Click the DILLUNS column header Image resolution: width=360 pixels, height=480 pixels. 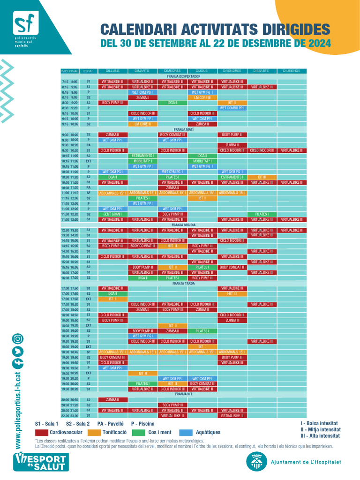pos(112,71)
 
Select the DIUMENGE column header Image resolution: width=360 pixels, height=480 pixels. pos(292,71)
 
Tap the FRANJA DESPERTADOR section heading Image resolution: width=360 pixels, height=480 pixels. pos(183,76)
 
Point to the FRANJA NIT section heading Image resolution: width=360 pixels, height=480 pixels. pos(183,394)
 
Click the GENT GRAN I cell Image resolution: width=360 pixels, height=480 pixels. pos(112,214)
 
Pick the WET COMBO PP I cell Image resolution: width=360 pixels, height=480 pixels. pos(232,108)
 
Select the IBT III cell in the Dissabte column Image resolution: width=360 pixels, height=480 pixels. pos(262,177)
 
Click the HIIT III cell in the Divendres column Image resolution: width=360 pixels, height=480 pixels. pos(232,293)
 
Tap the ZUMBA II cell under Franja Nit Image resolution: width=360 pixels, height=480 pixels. pos(112,400)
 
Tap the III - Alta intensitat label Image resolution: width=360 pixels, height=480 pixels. pos(320,436)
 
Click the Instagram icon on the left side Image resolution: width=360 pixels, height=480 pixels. pos(18,338)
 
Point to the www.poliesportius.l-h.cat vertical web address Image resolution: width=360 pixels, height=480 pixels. pos(18,408)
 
